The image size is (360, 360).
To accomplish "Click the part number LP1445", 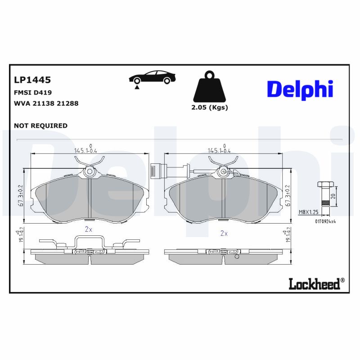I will pos(32,80).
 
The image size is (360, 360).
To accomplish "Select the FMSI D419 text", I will pos(33,93).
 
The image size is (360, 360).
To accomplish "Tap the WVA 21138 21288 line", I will pos(46,103).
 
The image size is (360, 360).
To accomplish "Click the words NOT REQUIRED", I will pos(41,126).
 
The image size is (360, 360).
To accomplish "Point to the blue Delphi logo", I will pos(300,89).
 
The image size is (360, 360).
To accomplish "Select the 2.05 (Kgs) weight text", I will pos(210,108).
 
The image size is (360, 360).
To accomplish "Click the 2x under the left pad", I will pos(89,229).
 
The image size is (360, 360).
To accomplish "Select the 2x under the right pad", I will pos(224,234).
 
